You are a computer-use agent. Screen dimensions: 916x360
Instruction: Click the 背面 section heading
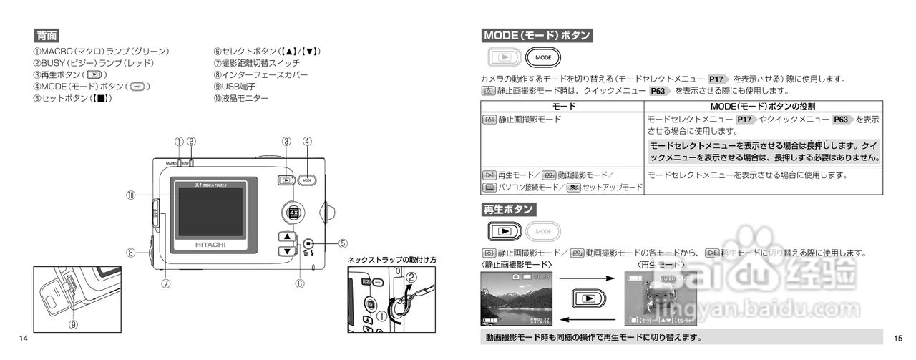(x=47, y=36)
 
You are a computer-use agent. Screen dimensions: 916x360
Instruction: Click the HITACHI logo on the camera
(x=210, y=244)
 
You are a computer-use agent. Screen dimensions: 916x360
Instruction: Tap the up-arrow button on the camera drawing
(x=286, y=237)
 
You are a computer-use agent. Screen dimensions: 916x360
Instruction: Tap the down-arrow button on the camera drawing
(x=286, y=250)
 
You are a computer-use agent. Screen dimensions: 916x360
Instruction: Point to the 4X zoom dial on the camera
(x=292, y=212)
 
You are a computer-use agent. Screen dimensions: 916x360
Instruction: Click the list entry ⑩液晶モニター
(x=240, y=98)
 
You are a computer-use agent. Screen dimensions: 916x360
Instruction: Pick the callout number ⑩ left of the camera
(x=131, y=194)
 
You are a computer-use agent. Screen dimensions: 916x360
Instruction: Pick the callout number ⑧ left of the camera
(x=131, y=252)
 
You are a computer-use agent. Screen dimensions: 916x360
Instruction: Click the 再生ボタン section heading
(x=508, y=210)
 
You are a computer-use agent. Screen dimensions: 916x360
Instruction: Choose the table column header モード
(x=562, y=106)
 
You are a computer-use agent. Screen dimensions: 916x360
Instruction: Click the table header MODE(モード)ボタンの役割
(x=763, y=106)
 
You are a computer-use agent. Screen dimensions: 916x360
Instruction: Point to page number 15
(x=899, y=338)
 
